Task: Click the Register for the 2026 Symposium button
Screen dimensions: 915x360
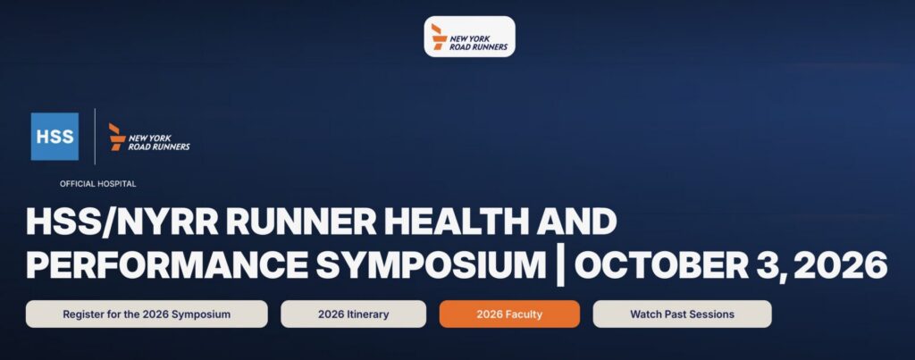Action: [x=147, y=314]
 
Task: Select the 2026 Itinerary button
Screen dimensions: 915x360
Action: [x=353, y=314]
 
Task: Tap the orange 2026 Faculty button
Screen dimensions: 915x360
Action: [x=509, y=314]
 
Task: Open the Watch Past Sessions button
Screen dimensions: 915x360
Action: [x=682, y=314]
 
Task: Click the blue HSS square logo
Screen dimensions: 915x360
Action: [x=55, y=137]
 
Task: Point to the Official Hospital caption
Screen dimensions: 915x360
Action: [x=98, y=184]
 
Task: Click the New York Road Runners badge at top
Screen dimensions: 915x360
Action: [x=470, y=36]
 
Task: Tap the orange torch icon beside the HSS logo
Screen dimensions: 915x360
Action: [x=117, y=137]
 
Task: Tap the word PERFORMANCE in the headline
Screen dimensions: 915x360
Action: [x=167, y=265]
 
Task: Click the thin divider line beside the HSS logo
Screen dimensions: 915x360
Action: [x=95, y=137]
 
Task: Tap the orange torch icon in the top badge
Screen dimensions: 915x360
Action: [x=439, y=36]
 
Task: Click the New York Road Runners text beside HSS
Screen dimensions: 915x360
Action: [x=159, y=142]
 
